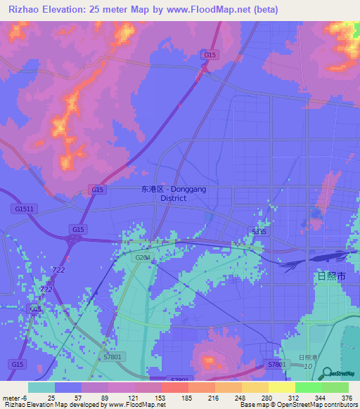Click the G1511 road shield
[x=23, y=209]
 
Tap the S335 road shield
[x=259, y=231]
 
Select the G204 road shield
[x=143, y=258]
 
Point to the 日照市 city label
[x=331, y=276]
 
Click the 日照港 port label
[x=307, y=358]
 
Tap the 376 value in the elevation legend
[x=347, y=397]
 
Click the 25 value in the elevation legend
[x=51, y=397]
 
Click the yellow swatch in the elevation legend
[x=281, y=387]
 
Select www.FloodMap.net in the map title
[x=213, y=10]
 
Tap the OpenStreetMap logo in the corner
[x=337, y=375]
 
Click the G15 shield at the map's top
[x=208, y=55]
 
